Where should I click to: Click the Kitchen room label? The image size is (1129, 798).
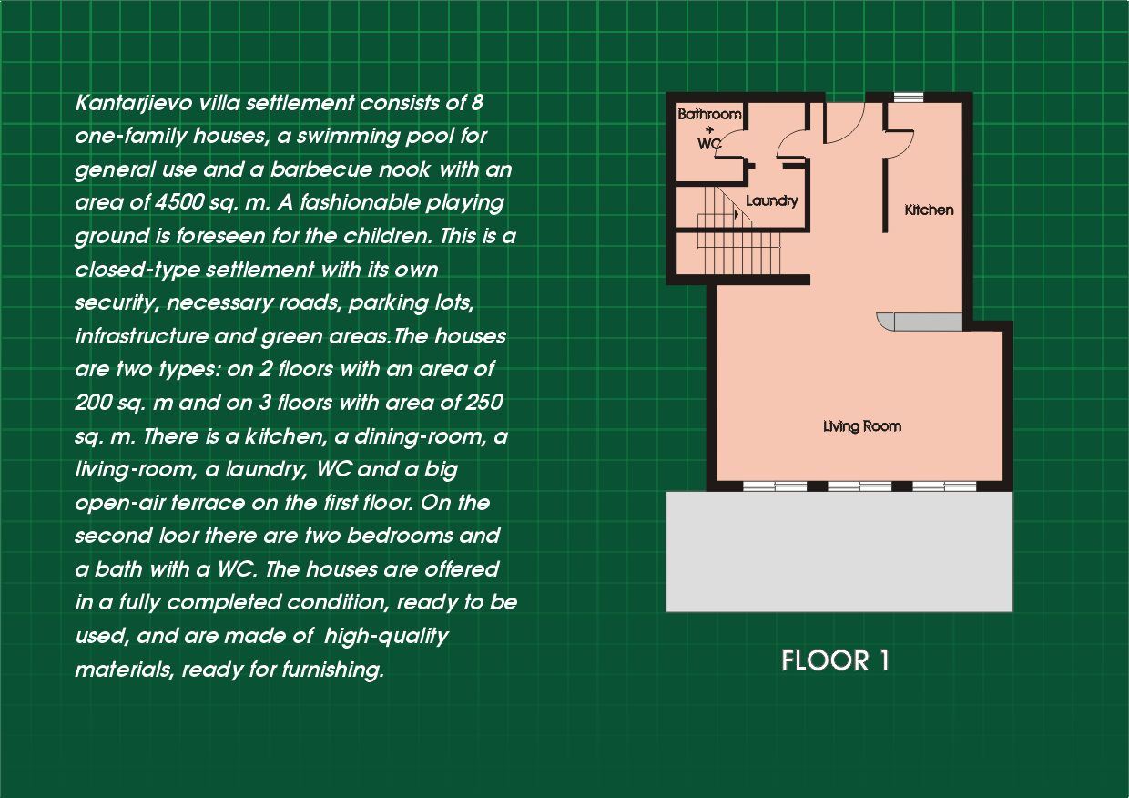(x=929, y=210)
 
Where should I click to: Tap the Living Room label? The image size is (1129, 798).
(x=862, y=426)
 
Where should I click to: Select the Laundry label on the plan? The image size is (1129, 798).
(x=772, y=201)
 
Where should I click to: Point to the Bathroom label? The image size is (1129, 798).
(x=709, y=115)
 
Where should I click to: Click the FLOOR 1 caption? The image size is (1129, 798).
(x=835, y=660)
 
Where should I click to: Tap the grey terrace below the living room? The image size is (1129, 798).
(x=839, y=552)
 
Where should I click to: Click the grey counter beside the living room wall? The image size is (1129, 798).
(x=920, y=322)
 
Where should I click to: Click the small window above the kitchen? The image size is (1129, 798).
(x=909, y=97)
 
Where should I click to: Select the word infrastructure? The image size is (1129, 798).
(x=142, y=336)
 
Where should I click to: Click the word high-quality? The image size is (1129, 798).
(x=386, y=637)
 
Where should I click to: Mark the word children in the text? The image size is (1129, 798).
(x=385, y=236)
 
